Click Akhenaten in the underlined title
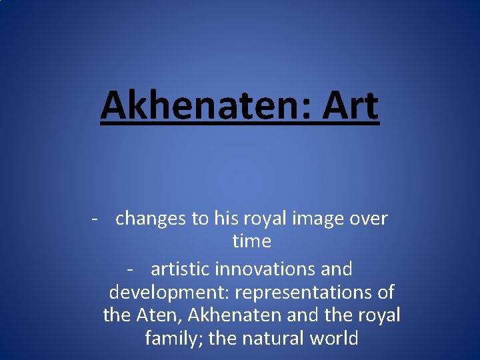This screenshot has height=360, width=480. (x=199, y=107)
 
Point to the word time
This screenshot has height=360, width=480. (x=251, y=241)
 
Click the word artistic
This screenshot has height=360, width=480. (x=184, y=269)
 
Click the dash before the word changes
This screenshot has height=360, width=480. (x=97, y=219)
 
